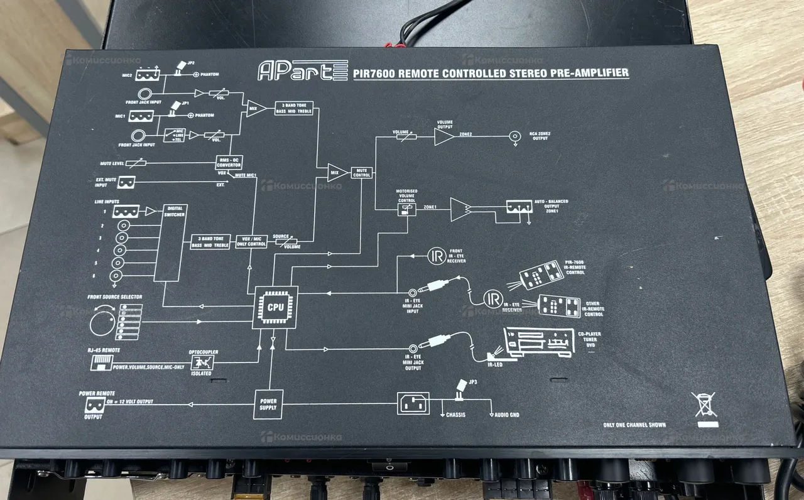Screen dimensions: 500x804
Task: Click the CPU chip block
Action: point(275,307)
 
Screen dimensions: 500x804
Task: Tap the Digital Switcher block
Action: point(174,242)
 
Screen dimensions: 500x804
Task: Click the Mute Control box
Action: point(361,171)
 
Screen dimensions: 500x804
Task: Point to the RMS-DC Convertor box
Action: point(229,162)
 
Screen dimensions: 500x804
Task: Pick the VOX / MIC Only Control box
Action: point(251,241)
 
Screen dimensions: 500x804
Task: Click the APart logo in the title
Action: point(302,70)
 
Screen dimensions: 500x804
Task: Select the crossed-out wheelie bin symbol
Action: point(704,405)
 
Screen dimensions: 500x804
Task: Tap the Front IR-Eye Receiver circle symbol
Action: point(437,256)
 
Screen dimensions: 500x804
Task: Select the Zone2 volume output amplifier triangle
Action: point(443,136)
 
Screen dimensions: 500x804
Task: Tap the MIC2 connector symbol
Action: point(146,74)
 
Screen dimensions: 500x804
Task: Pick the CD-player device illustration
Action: point(538,343)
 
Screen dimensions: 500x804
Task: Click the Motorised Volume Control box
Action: point(406,210)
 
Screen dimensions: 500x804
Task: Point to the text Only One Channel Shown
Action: point(634,425)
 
